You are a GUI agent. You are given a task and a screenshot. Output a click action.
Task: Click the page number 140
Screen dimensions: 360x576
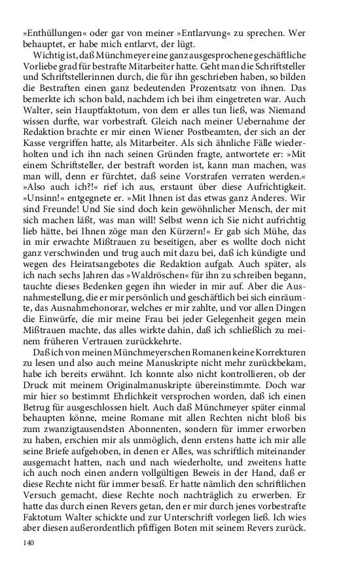click(28, 542)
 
